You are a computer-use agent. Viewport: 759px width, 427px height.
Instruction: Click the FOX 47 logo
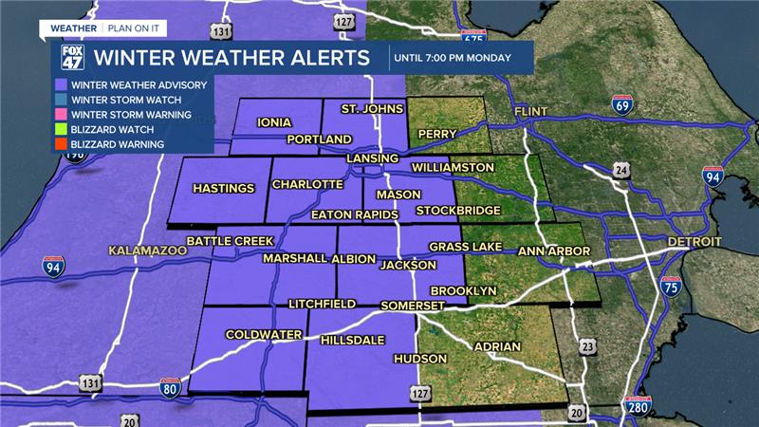point(72,57)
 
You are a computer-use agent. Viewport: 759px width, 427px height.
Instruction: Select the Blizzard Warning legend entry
point(117,144)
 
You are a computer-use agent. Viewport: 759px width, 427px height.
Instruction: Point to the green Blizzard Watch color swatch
point(59,129)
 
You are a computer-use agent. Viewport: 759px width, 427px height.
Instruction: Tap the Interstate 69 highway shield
point(622,105)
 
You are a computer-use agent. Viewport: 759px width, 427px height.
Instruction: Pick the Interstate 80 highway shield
point(170,386)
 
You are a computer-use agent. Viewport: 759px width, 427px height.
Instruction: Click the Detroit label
point(694,242)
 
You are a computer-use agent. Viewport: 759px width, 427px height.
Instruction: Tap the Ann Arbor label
point(554,251)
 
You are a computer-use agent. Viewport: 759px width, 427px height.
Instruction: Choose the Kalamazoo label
point(144,251)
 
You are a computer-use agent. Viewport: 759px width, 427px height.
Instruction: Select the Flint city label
point(531,112)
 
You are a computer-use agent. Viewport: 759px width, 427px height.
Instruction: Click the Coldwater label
point(263,334)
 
